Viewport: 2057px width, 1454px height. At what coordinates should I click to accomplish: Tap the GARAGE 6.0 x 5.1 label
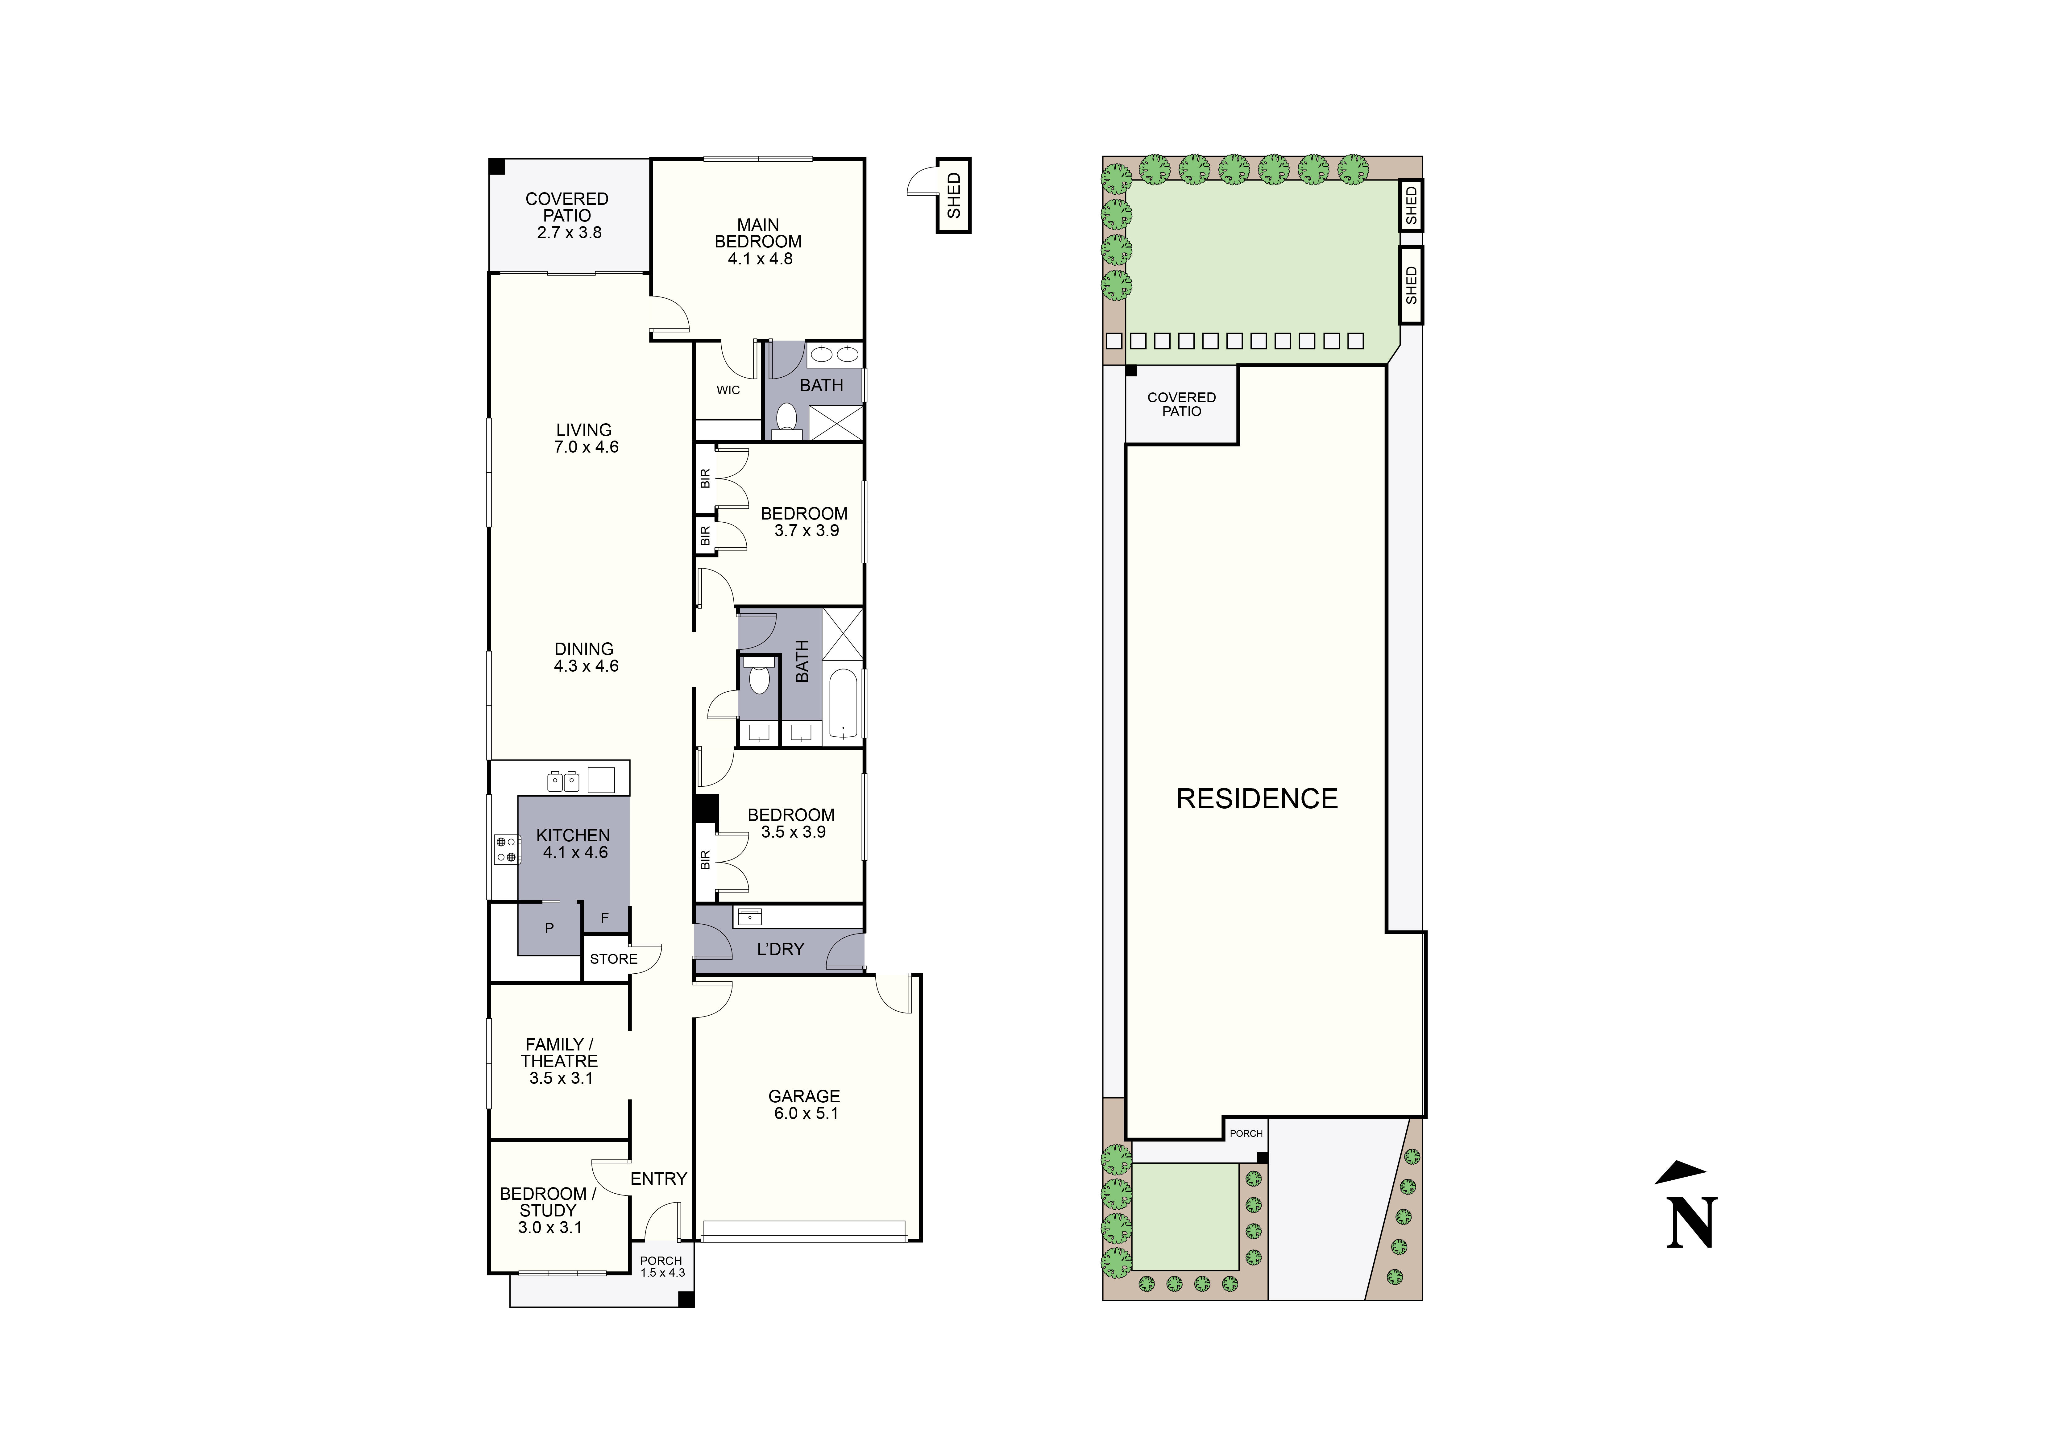point(805,1104)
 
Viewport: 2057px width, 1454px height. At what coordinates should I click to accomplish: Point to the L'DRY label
point(780,949)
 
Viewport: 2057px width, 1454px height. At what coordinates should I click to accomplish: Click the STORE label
point(614,959)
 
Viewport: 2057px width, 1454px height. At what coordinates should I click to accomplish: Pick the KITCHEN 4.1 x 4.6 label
point(573,843)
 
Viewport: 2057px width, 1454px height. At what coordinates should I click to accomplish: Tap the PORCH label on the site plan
point(1246,1133)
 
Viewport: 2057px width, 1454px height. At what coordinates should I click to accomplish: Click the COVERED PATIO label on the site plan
point(1182,404)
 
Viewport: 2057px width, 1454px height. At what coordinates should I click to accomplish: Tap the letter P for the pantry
point(549,928)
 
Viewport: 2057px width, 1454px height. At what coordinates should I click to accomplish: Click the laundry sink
point(748,916)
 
